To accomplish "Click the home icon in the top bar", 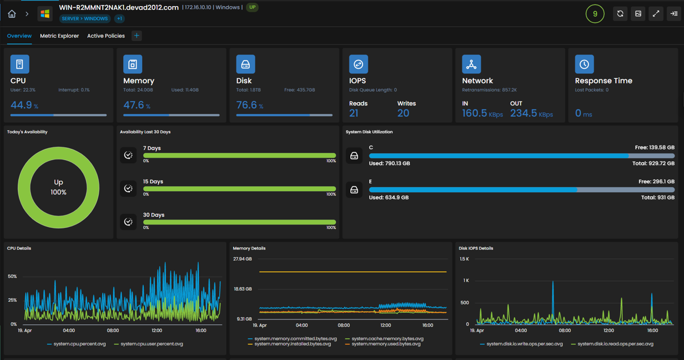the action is point(12,14).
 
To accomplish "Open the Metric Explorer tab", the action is point(59,36).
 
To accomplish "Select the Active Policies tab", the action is point(106,36).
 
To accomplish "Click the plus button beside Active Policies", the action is point(137,36).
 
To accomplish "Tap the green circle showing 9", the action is point(595,14).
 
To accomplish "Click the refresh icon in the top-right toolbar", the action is point(620,14).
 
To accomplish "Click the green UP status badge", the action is point(252,7).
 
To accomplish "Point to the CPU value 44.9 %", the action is point(24,105).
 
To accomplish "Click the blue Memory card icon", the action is point(133,64).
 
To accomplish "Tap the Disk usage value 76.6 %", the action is point(250,105).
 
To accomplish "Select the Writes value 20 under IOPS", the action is point(403,113).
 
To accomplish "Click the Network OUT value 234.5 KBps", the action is point(532,113).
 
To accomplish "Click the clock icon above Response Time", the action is point(584,64).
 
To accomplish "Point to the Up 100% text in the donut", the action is point(58,187).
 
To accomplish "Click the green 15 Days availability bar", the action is point(239,189).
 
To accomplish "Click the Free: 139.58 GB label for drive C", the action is point(655,148).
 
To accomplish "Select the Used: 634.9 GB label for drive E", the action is point(389,197).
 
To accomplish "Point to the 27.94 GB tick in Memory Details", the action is point(243,259).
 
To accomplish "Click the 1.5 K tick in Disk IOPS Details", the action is point(464,259).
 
